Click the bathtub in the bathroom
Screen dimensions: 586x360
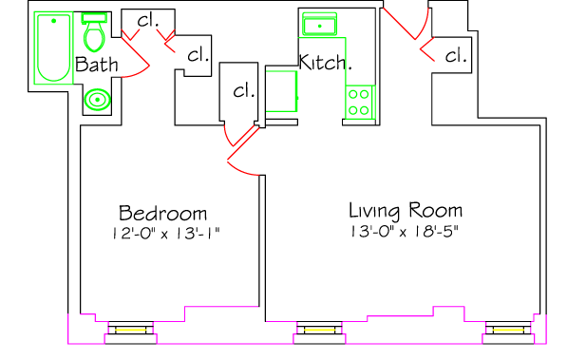pos(53,47)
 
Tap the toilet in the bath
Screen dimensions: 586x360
pos(95,32)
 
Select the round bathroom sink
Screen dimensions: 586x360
pos(97,100)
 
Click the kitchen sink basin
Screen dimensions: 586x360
pos(319,25)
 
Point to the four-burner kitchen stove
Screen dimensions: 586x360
pos(359,102)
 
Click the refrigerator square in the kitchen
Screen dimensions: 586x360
pos(281,91)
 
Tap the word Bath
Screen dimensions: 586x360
pos(97,65)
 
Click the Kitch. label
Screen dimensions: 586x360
pos(326,62)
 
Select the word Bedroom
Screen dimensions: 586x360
pos(163,213)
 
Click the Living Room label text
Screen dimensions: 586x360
pos(406,210)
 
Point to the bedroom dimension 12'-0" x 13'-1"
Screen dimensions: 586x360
pos(166,234)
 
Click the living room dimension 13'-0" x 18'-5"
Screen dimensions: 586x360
pos(405,232)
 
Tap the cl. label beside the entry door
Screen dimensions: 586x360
pos(456,56)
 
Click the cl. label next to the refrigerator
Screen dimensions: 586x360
pos(244,91)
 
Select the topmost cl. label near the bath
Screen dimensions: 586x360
pos(148,20)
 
